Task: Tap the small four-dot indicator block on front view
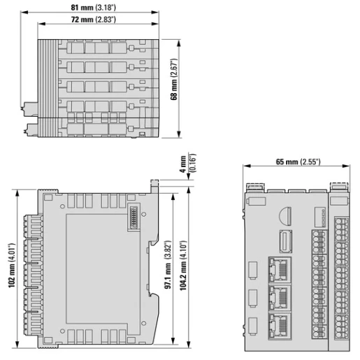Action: (319, 212)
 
